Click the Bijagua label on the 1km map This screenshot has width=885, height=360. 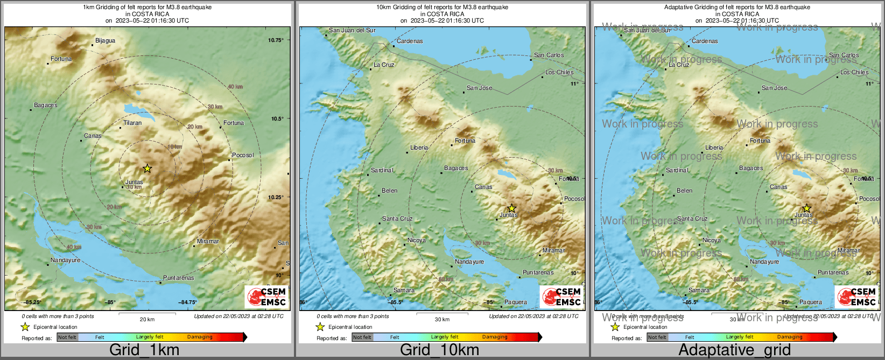click(x=105, y=40)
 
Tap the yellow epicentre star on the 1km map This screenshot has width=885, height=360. click(x=147, y=168)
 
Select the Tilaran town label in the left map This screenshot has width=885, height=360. click(x=132, y=123)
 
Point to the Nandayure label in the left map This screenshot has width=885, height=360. click(x=65, y=260)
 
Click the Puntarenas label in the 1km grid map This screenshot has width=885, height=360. click(x=178, y=278)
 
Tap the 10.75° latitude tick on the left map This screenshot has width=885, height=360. click(x=276, y=40)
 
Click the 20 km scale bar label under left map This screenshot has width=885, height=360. click(x=147, y=319)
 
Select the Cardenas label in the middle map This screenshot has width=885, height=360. click(x=410, y=41)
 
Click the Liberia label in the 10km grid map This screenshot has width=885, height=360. click(x=419, y=147)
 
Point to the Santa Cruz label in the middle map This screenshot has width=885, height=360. click(x=397, y=218)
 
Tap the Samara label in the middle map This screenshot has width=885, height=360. click(x=404, y=290)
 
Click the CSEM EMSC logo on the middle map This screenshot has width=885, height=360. click(x=562, y=297)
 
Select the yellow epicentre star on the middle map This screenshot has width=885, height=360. click(x=511, y=208)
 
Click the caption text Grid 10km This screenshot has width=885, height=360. click(x=439, y=350)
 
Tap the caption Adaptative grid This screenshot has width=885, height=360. click(x=734, y=350)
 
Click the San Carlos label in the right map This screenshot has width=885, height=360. click(x=844, y=55)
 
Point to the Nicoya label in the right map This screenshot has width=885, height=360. click(x=711, y=240)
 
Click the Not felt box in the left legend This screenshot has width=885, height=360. click(x=67, y=337)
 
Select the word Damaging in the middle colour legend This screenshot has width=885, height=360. click(x=495, y=337)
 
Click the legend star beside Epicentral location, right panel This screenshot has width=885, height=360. click(x=615, y=327)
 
